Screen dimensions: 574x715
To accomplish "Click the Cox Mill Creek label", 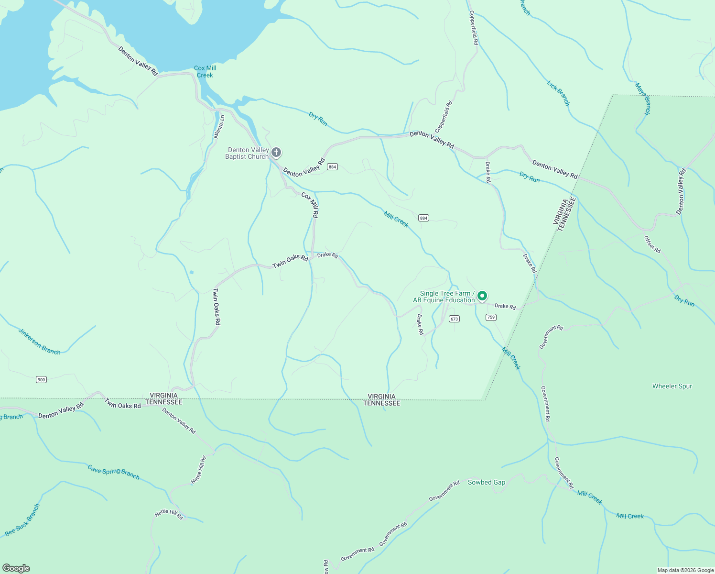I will pos(205,72).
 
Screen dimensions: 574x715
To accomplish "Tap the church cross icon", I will pos(276,153).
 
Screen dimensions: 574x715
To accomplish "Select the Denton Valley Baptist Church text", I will pos(247,154).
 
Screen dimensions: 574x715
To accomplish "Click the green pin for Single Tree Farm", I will pos(482,296).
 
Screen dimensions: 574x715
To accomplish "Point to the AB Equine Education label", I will pos(444,300).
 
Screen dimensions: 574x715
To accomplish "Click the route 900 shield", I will pos(41,380).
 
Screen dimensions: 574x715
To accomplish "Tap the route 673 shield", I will pos(454,319).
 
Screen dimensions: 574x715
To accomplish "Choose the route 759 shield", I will pos(490,318).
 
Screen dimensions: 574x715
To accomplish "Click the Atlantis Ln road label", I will pos(219,127).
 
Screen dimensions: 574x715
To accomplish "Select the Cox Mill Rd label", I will pos(310,205).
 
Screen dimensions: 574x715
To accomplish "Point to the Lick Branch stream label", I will pos(558,93).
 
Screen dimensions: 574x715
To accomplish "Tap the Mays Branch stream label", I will pos(642,99).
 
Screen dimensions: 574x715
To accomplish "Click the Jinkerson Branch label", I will pos(40,342).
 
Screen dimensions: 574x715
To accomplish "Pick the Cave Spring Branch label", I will pos(114,472).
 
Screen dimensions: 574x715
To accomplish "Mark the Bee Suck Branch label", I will pos(22,520).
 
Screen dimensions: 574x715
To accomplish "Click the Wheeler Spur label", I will pos(672,386).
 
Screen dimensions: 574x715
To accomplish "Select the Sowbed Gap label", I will pos(486,483).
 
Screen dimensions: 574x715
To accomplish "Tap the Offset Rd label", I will pos(652,244).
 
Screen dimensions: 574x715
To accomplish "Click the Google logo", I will pos(16,568).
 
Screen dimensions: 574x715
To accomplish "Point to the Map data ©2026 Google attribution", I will pos(685,570).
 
